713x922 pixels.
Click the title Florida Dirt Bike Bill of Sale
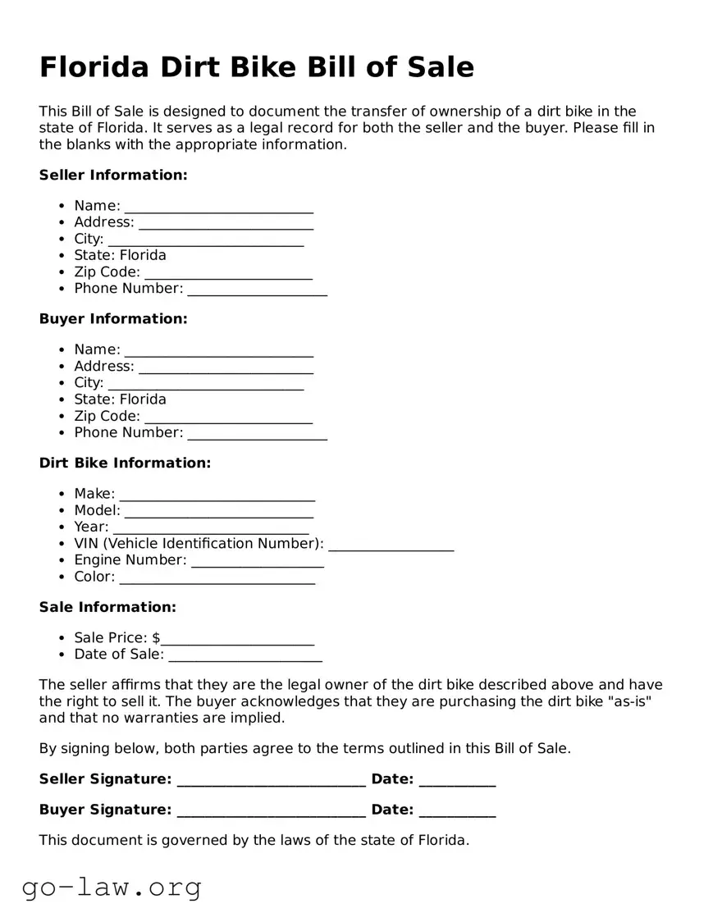click(x=257, y=66)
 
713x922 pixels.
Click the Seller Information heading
click(x=113, y=175)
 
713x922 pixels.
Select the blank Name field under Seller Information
click(x=219, y=206)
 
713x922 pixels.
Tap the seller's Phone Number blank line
click(x=257, y=289)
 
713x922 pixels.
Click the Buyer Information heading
click(x=113, y=319)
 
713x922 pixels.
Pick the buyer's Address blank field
click(x=226, y=367)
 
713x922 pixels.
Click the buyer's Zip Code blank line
click(x=228, y=417)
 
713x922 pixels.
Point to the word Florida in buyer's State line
click(x=143, y=399)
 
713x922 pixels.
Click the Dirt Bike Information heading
click(x=125, y=463)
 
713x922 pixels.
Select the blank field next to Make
click(x=217, y=495)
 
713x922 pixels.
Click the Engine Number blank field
click(x=257, y=560)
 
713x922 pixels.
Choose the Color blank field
click(x=217, y=577)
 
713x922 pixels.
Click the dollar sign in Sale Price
click(x=156, y=638)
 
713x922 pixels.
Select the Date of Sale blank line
click(x=245, y=655)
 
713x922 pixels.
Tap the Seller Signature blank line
click(x=271, y=779)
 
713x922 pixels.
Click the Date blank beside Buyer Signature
click(x=457, y=810)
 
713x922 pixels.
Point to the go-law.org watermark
click(x=112, y=887)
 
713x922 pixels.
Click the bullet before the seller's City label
click(x=62, y=240)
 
